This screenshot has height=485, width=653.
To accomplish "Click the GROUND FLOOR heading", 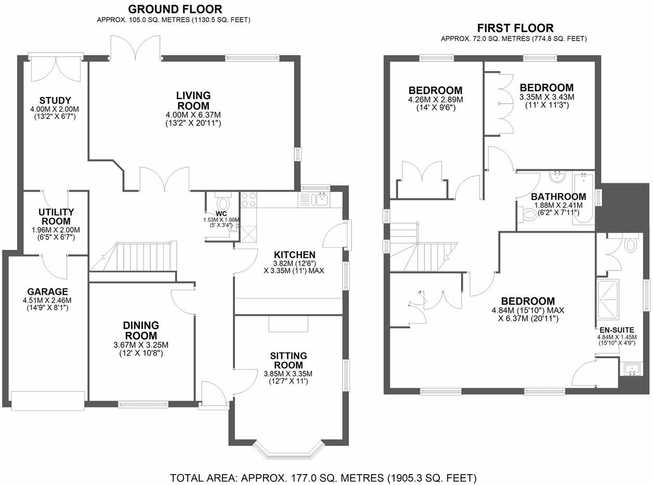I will [175, 9].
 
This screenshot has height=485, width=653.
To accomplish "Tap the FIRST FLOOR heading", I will [515, 28].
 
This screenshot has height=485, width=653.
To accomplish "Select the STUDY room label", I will [55, 100].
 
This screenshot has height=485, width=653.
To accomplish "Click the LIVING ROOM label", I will [193, 100].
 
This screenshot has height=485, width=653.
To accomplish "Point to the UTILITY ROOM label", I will [56, 217].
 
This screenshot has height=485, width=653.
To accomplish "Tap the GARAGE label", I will [48, 292].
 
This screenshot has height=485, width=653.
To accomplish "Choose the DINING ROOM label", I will [141, 330].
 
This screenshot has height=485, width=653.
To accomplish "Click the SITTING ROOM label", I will [288, 361].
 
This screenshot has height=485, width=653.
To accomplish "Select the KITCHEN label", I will [295, 254].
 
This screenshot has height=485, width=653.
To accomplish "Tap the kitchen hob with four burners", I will [247, 200].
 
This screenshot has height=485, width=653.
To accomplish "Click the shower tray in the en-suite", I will [607, 300].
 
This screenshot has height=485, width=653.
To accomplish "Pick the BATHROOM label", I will [558, 197].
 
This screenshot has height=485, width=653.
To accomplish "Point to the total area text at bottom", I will [323, 477].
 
